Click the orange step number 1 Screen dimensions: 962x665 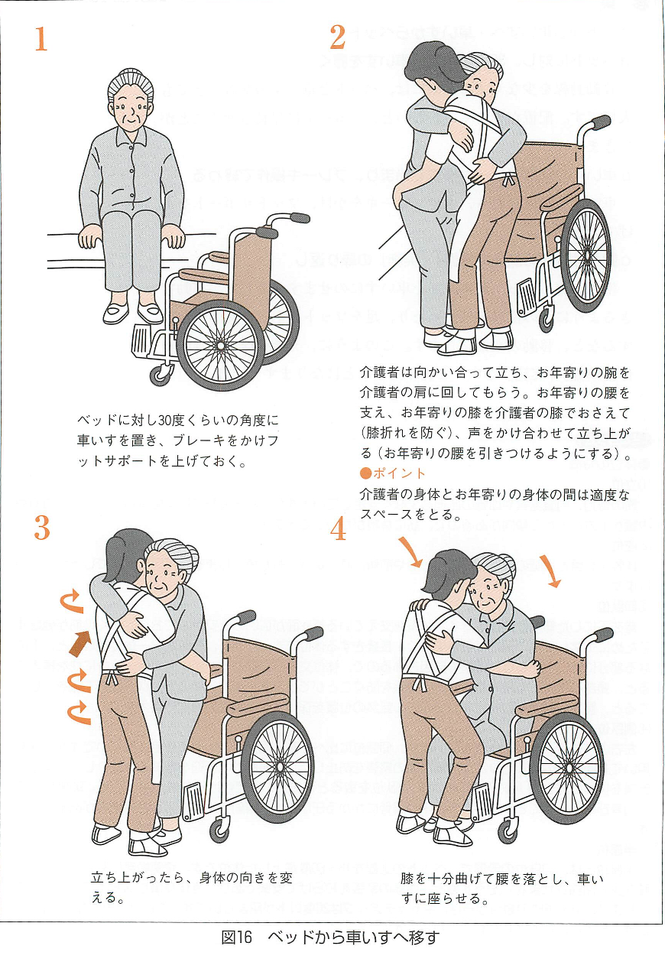pyautogui.click(x=41, y=39)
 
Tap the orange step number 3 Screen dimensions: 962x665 pyautogui.click(x=42, y=528)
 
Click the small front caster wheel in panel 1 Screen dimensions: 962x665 pyautogui.click(x=162, y=374)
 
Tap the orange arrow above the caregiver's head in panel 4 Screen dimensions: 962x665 pyautogui.click(x=410, y=551)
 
